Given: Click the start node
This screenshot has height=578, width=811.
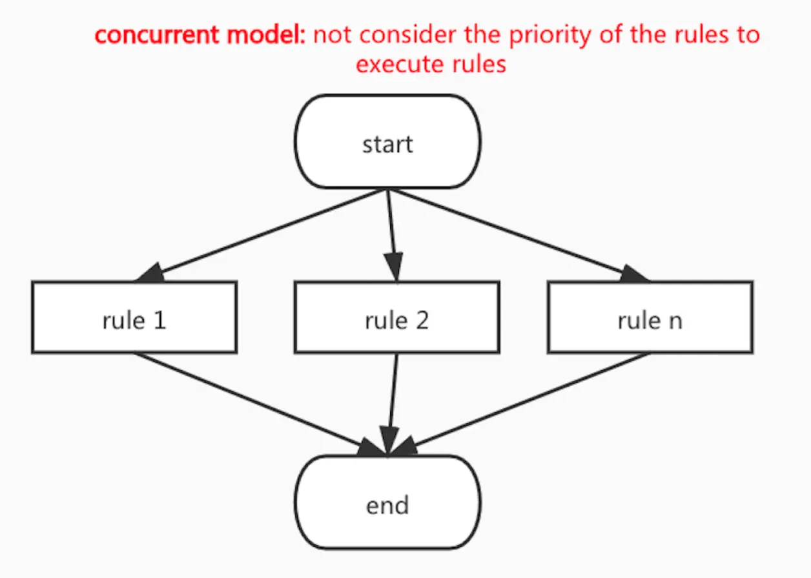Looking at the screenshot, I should [x=387, y=142].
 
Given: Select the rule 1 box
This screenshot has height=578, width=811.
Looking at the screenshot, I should [x=134, y=317].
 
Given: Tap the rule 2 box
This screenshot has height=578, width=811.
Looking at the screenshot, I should [x=396, y=317].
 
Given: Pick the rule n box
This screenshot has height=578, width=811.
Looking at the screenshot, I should [x=650, y=317].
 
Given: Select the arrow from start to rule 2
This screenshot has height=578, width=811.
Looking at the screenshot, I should [x=391, y=226].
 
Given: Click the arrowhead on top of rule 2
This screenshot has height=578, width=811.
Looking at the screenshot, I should [x=395, y=266].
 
